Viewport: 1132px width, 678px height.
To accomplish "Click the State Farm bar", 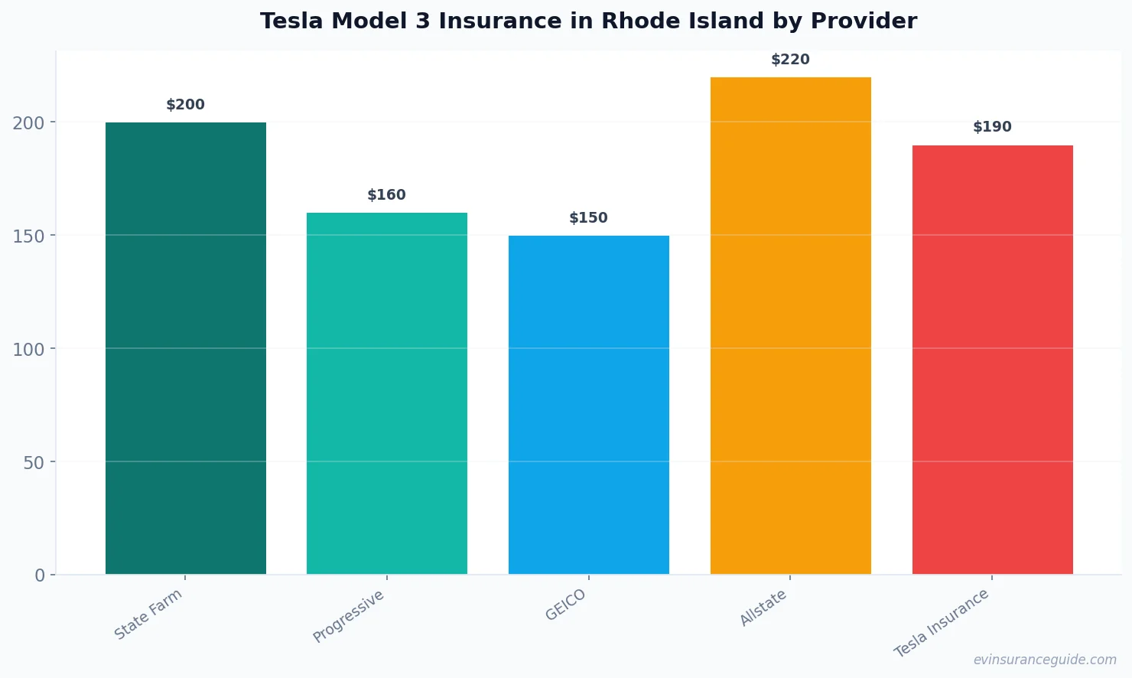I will (185, 348).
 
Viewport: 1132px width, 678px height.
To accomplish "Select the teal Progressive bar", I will (386, 393).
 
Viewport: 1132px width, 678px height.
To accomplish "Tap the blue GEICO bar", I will (588, 405).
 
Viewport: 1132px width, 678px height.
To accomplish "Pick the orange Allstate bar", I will (790, 325).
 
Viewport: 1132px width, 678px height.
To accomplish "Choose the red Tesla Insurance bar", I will (992, 360).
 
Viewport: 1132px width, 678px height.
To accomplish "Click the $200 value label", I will (185, 105).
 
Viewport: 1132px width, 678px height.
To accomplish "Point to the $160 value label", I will (386, 195).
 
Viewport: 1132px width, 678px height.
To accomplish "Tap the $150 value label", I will (588, 218).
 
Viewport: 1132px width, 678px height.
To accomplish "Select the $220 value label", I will (790, 60).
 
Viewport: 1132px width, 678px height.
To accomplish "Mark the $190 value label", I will (992, 127).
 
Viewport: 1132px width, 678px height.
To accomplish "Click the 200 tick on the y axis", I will (28, 122).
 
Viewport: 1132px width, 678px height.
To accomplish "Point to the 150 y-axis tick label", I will (28, 236).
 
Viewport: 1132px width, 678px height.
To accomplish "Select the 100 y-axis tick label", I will (28, 349).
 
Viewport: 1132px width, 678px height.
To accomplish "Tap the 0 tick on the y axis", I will (40, 575).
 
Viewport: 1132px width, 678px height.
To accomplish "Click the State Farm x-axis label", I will (148, 614).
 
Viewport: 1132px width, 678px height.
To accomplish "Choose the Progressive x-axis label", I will (349, 616).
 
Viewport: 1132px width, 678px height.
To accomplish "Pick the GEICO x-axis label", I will (565, 605).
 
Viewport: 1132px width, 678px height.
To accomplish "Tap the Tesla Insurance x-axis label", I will (942, 623).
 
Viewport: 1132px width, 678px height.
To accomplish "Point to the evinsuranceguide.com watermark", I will (1045, 660).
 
